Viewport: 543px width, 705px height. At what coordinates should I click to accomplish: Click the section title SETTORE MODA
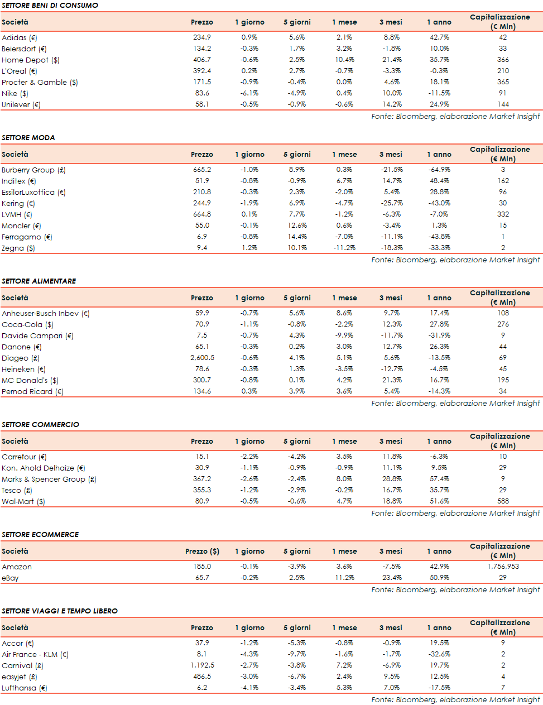tap(28, 138)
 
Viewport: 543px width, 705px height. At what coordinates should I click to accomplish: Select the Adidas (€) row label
tap(20, 37)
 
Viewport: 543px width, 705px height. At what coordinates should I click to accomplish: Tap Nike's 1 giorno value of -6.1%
tap(249, 93)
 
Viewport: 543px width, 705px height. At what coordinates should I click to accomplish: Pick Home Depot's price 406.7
tap(202, 60)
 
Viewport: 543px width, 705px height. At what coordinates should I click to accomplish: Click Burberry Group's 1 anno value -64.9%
tap(439, 170)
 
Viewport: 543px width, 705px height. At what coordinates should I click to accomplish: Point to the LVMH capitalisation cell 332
tap(503, 214)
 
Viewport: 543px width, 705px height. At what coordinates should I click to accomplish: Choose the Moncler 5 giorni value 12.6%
tap(297, 226)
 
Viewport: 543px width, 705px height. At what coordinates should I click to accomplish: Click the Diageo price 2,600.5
tap(202, 358)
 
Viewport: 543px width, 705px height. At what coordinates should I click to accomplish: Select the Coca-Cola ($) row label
tap(27, 324)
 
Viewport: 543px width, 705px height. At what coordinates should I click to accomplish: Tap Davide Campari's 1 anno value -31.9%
tap(439, 335)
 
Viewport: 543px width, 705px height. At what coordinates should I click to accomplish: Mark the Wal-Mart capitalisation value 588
tap(503, 501)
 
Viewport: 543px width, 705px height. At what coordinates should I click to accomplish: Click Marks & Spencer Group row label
tap(49, 479)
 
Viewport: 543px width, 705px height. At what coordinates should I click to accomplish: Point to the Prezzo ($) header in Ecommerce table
tap(202, 551)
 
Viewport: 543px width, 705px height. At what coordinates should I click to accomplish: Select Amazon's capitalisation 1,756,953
tap(503, 567)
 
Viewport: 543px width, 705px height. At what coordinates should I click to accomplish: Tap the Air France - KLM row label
tap(35, 654)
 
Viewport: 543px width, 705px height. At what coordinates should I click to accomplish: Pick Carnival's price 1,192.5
tap(202, 665)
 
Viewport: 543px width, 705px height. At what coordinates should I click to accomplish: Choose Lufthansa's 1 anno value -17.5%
tap(439, 688)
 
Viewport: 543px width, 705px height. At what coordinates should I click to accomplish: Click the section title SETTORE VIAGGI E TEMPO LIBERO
tap(59, 611)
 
